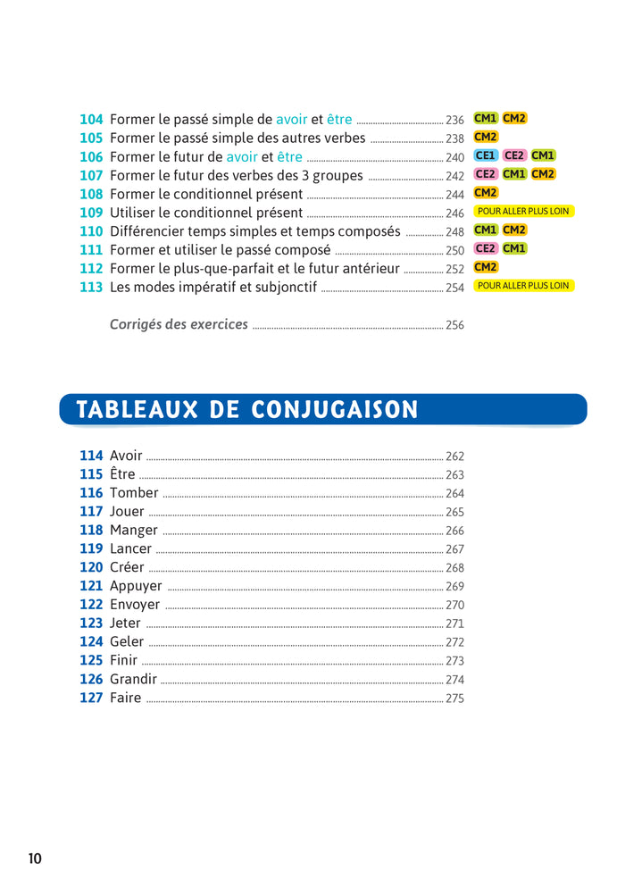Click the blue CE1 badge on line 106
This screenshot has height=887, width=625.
(x=486, y=155)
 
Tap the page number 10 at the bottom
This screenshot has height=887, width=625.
(x=35, y=858)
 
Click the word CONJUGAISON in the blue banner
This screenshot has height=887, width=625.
(x=334, y=410)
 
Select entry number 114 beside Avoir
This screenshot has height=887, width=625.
(x=91, y=456)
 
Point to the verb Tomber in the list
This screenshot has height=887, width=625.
(x=134, y=493)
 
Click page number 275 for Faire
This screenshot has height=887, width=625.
(x=454, y=698)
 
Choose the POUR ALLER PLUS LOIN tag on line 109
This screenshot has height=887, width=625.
(x=524, y=211)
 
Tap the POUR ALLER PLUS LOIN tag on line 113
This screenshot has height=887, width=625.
(x=524, y=286)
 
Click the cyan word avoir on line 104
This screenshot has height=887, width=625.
(x=291, y=120)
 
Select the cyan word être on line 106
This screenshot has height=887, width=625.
(x=289, y=156)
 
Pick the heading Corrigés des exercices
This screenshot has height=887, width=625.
(x=179, y=324)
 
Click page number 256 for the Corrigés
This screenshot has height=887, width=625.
(x=454, y=325)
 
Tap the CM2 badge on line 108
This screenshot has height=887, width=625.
(x=486, y=192)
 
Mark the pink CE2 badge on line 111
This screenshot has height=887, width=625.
(x=486, y=248)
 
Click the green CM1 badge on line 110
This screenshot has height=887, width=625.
(x=486, y=230)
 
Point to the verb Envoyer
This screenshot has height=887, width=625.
(x=135, y=605)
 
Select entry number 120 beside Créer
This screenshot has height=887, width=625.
(x=91, y=567)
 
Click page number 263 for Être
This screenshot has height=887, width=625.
(x=454, y=474)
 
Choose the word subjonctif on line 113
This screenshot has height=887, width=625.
(x=287, y=288)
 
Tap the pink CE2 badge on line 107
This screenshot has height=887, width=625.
(x=486, y=173)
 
